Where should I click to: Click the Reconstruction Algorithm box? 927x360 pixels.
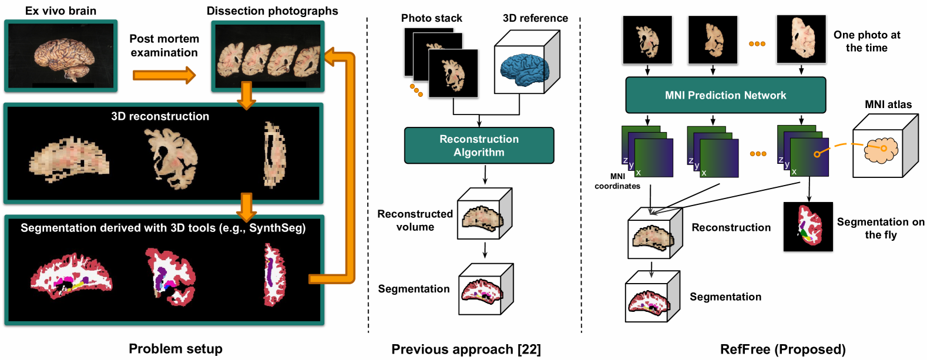(479, 146)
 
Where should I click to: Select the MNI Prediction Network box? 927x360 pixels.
(726, 95)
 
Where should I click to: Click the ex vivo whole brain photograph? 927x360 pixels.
(61, 56)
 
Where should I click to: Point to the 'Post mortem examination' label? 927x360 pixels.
(164, 46)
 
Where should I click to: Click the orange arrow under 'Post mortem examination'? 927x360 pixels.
(164, 75)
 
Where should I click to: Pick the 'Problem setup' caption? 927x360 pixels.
(176, 349)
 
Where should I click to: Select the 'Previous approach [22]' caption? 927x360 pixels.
(466, 349)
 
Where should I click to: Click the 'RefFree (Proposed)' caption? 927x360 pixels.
(783, 349)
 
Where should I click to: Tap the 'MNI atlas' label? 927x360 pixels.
(888, 105)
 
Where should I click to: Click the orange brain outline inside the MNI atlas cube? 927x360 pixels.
(881, 150)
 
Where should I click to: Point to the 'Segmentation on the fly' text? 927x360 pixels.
(881, 228)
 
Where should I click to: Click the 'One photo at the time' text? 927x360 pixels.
(866, 41)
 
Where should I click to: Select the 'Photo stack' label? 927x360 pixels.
(431, 18)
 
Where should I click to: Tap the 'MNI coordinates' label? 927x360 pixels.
(617, 181)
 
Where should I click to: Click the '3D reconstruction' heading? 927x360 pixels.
(160, 116)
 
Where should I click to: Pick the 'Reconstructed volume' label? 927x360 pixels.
(415, 220)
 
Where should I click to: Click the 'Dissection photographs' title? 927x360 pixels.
(272, 11)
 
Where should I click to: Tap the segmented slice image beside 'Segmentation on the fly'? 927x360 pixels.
(808, 227)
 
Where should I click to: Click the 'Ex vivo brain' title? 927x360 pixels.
(61, 11)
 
